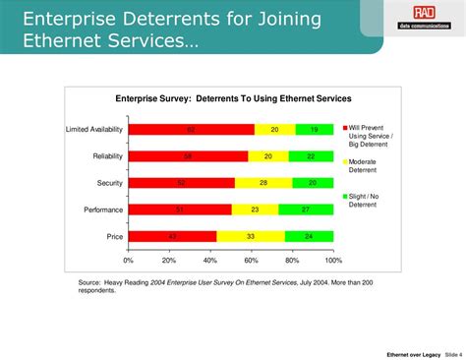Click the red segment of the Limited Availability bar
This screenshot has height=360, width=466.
pos(191,130)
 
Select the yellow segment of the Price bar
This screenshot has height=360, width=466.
pos(250,236)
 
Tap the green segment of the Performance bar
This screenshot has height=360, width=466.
pos(306,210)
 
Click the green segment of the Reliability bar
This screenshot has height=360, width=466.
pos(311,156)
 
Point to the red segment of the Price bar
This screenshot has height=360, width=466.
pos(172,236)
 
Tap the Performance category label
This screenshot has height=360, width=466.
pos(102,210)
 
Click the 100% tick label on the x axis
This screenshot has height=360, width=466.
pos(333,261)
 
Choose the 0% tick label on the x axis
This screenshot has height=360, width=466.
pos(129,261)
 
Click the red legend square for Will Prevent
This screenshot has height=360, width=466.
pos(345,129)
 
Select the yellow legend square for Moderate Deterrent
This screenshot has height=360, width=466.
pos(345,161)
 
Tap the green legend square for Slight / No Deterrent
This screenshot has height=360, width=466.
pos(345,196)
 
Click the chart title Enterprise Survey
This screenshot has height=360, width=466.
pos(233,98)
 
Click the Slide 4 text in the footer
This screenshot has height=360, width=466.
pos(448,353)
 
